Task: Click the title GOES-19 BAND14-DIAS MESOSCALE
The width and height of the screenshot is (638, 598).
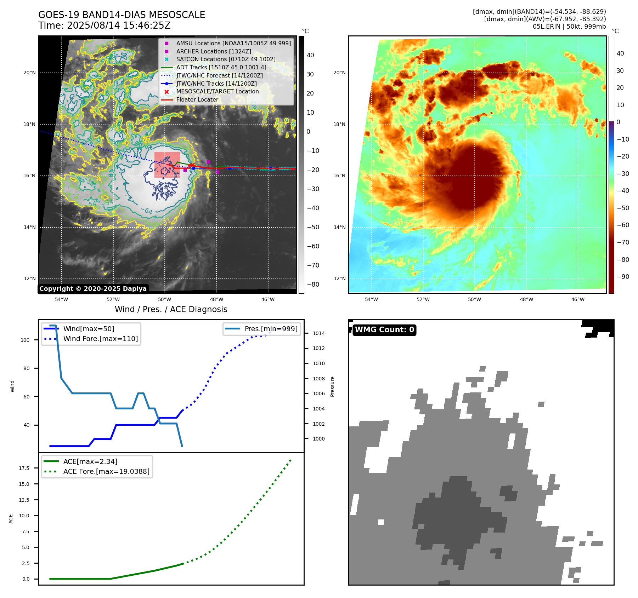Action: tap(122, 15)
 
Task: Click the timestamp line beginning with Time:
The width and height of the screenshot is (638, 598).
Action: tap(104, 25)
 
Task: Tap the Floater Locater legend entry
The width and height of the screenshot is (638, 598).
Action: tap(197, 99)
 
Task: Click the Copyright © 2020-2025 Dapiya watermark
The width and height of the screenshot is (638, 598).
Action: tap(93, 289)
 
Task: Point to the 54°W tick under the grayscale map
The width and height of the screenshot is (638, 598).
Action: tap(61, 299)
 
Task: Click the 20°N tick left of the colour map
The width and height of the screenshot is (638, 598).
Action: tap(339, 73)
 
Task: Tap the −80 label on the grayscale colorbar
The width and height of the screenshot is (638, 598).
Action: tap(313, 284)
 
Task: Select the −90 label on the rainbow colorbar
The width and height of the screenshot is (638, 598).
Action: tap(623, 277)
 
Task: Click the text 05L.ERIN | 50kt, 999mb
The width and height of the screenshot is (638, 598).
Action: tap(569, 27)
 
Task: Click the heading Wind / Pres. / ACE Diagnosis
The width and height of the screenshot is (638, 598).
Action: tap(171, 309)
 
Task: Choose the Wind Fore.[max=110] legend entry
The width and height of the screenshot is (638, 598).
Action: tap(100, 339)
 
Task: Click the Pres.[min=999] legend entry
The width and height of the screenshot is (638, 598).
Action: tap(271, 329)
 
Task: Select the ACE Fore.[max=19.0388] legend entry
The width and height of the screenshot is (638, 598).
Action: tap(106, 471)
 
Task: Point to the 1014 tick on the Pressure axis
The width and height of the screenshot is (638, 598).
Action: tap(318, 333)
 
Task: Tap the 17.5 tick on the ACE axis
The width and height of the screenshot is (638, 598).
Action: tap(24, 468)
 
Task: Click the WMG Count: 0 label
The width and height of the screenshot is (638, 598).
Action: tap(384, 330)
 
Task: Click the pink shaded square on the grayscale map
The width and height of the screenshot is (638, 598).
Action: tap(167, 165)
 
